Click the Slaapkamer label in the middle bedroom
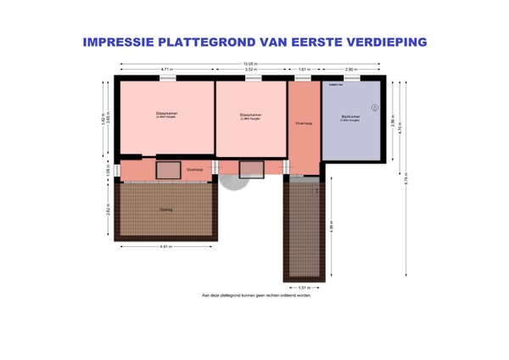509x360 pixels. pyautogui.click(x=250, y=114)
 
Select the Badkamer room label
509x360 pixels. pyautogui.click(x=350, y=116)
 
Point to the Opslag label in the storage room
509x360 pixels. pyautogui.click(x=165, y=208)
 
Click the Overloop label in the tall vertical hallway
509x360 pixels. pyautogui.click(x=304, y=124)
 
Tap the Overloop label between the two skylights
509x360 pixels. pyautogui.click(x=194, y=169)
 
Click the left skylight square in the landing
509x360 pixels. pyautogui.click(x=168, y=170)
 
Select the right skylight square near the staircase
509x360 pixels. pyautogui.click(x=251, y=169)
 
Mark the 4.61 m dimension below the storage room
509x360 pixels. pyautogui.click(x=167, y=247)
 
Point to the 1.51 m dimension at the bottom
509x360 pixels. pyautogui.click(x=303, y=287)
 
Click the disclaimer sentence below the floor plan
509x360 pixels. pyautogui.click(x=256, y=295)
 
